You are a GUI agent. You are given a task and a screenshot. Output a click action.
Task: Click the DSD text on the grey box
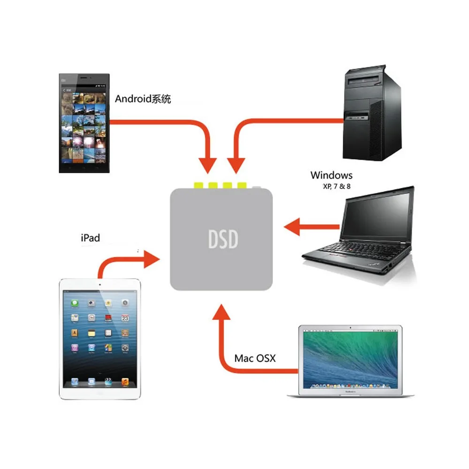coord(223,239)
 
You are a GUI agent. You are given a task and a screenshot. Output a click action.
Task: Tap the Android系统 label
coord(143,99)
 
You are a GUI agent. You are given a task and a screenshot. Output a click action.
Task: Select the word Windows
coord(331,175)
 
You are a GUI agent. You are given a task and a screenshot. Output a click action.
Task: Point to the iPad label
coord(91,238)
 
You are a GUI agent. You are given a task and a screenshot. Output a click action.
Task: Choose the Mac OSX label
coord(255,359)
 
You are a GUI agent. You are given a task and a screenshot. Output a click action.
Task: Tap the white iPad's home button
coord(100,393)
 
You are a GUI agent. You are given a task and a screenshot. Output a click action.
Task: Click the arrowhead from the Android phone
coord(208,166)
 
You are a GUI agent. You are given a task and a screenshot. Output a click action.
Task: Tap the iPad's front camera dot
coord(100,284)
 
